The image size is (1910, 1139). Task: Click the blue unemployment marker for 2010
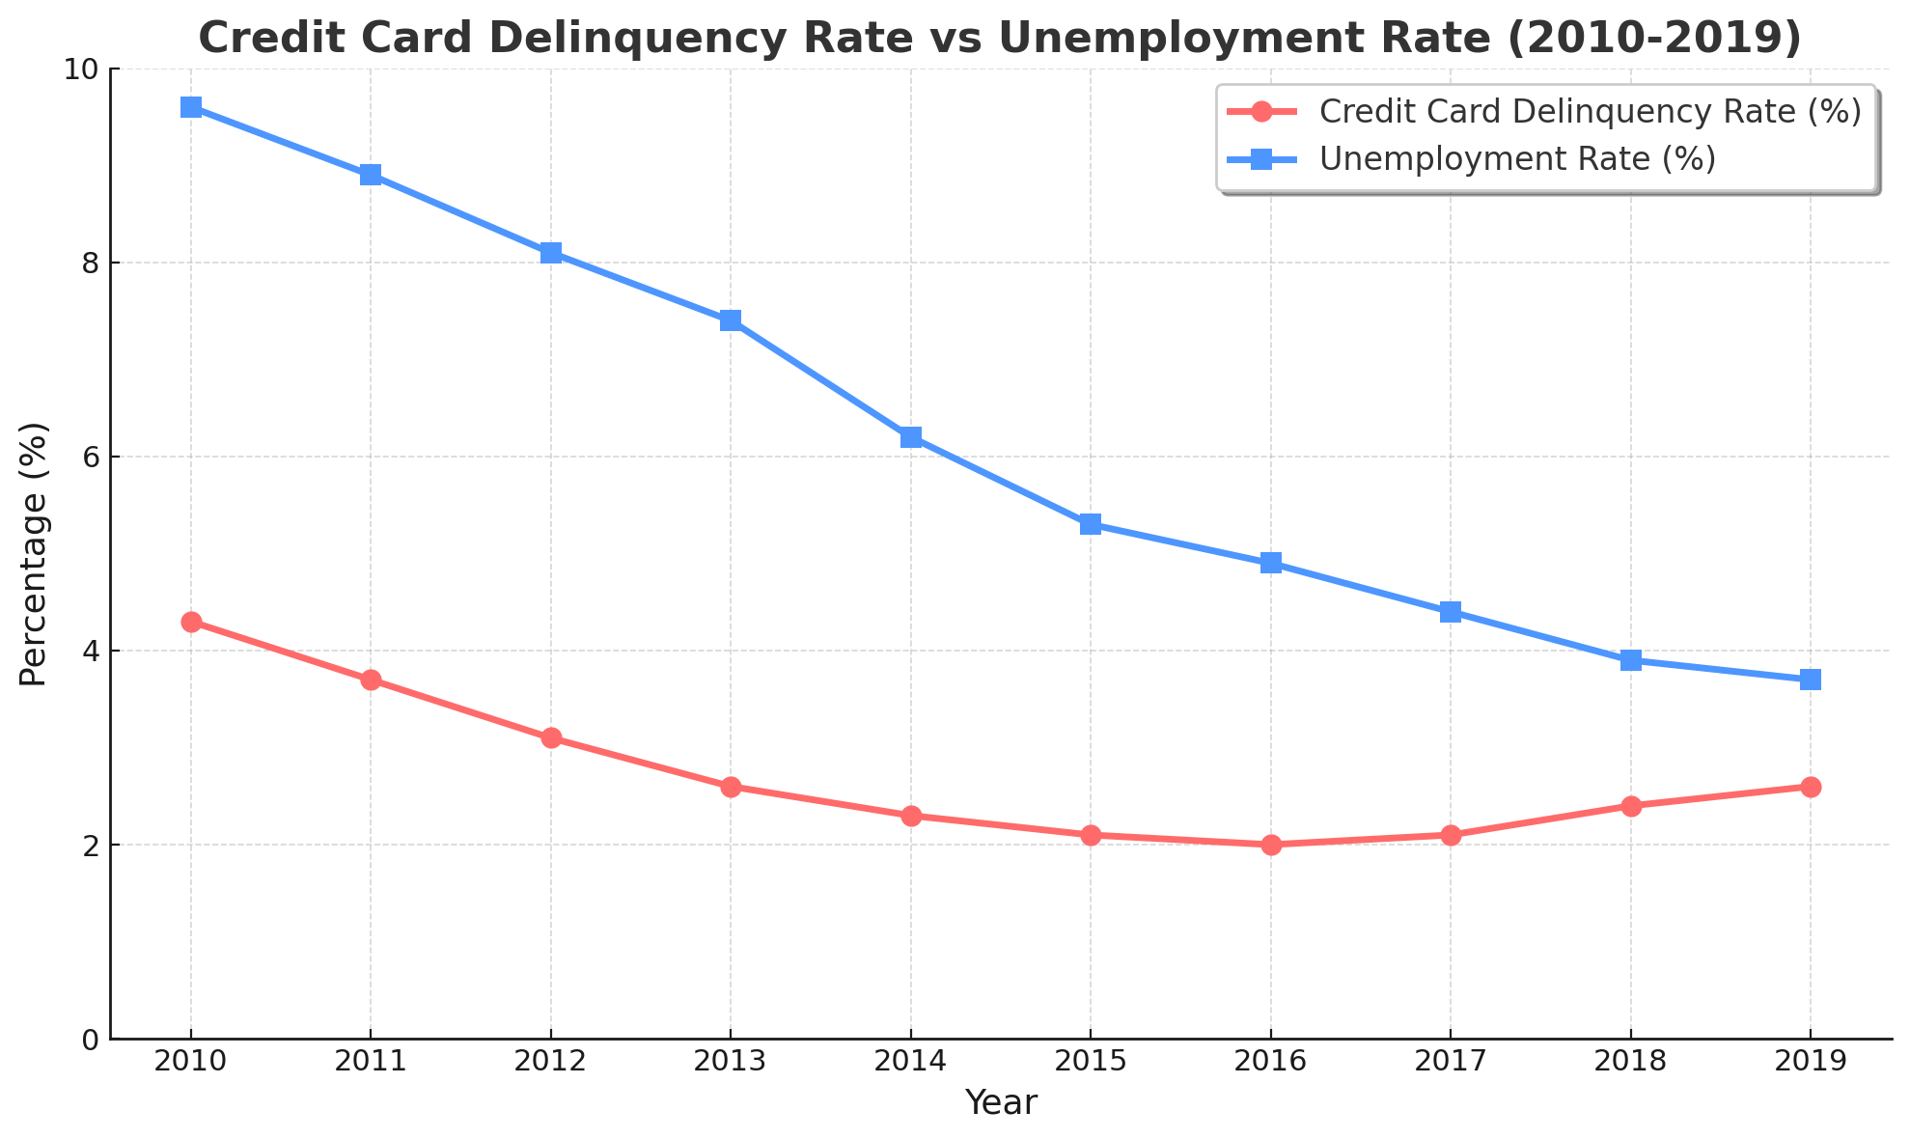pyautogui.click(x=191, y=107)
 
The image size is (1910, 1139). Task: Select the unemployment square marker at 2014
pyautogui.click(x=911, y=437)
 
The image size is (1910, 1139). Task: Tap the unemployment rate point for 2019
pyautogui.click(x=1811, y=680)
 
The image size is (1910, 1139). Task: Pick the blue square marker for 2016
pyautogui.click(x=1271, y=563)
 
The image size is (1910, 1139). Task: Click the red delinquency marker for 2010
pyautogui.click(x=191, y=622)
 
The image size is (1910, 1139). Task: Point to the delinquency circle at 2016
pyautogui.click(x=1271, y=845)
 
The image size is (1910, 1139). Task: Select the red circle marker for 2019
pyautogui.click(x=1811, y=787)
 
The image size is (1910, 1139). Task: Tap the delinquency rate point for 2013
pyautogui.click(x=731, y=787)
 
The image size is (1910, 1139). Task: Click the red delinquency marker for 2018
pyautogui.click(x=1631, y=806)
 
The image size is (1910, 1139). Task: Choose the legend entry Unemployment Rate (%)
pyautogui.click(x=1517, y=159)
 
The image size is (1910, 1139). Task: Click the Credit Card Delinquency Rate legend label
pyautogui.click(x=1590, y=112)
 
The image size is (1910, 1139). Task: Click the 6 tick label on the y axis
pyautogui.click(x=91, y=457)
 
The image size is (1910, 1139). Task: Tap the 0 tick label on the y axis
pyautogui.click(x=91, y=1040)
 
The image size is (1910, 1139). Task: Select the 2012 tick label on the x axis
pyautogui.click(x=551, y=1062)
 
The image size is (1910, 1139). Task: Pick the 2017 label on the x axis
pyautogui.click(x=1451, y=1062)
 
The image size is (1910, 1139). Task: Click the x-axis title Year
pyautogui.click(x=1001, y=1102)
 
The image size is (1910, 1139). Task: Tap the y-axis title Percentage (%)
pyautogui.click(x=34, y=554)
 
